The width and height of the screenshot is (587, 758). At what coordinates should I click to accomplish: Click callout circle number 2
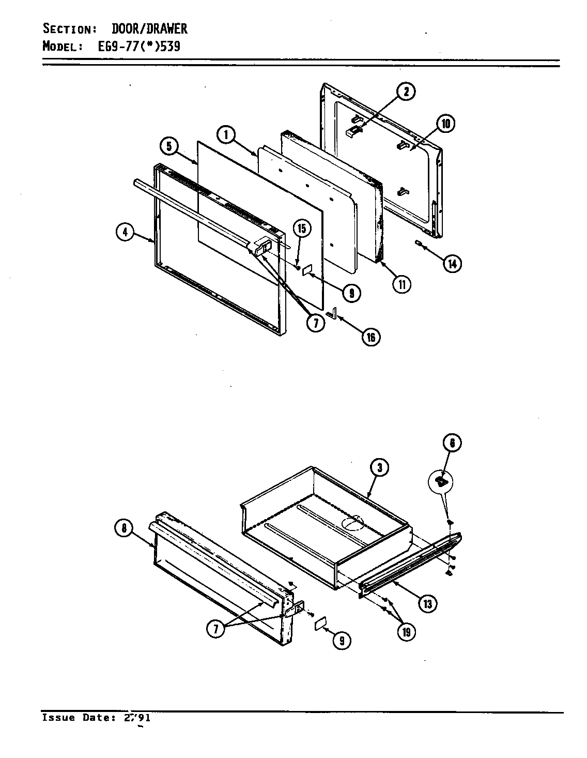click(x=406, y=92)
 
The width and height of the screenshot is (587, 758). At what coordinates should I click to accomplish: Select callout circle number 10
click(x=446, y=124)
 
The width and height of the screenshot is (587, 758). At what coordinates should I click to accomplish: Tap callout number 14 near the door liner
click(x=452, y=263)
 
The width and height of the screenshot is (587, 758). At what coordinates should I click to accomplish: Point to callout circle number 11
click(x=401, y=283)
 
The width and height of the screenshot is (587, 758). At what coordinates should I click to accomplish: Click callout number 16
click(x=370, y=337)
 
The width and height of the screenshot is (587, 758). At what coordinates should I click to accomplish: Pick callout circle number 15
click(x=301, y=228)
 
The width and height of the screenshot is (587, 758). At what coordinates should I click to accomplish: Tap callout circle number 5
click(x=168, y=146)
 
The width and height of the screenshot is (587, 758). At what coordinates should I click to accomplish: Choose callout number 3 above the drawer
click(x=379, y=468)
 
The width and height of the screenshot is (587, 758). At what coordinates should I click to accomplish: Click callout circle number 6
click(x=452, y=443)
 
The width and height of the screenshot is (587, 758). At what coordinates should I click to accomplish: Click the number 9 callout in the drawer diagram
click(x=342, y=641)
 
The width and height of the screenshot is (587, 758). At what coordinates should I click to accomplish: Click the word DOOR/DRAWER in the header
click(x=150, y=28)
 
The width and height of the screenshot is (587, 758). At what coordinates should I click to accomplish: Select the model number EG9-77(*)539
click(x=139, y=47)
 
